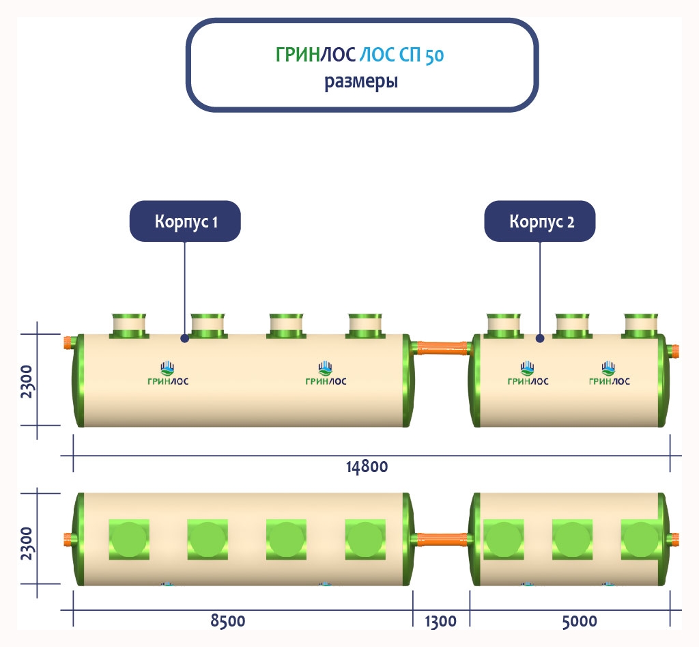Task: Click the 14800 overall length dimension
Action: (367, 467)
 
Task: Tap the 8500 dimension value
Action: (227, 621)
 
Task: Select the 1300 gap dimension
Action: (440, 621)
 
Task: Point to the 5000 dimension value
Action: (580, 621)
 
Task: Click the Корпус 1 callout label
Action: (186, 221)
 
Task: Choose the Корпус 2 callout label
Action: (540, 221)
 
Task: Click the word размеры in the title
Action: (361, 81)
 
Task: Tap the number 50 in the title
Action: (433, 56)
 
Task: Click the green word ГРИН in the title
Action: (298, 56)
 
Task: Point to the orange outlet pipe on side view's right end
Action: (674, 353)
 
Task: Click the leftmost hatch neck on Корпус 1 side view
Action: (128, 325)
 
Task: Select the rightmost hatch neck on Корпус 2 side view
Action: (641, 325)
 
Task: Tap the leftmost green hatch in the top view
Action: (128, 539)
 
